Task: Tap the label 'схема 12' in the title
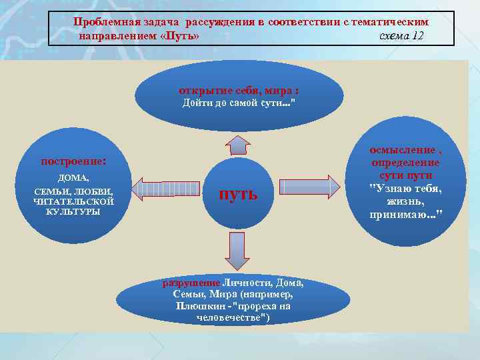tap(400, 35)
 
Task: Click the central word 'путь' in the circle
tap(238, 194)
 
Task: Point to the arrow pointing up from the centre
tap(237, 145)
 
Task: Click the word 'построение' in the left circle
tap(73, 161)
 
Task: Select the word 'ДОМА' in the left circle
tap(73, 178)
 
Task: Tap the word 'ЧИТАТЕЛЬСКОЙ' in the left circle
tap(73, 201)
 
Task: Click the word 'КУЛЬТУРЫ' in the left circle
tap(73, 211)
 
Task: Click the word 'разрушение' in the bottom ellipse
tap(192, 282)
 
